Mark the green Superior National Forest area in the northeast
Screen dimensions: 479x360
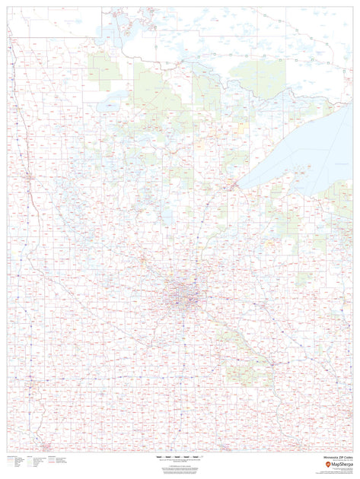pos(259,76)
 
